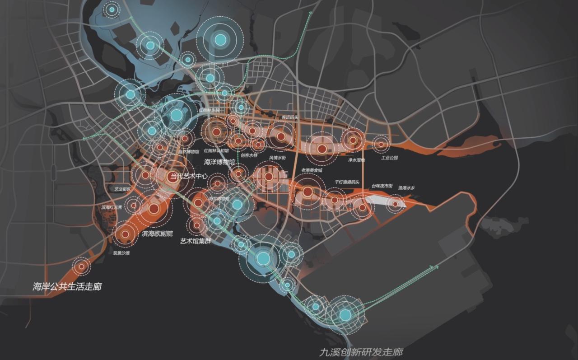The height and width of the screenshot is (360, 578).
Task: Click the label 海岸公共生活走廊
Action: pyautogui.click(x=67, y=286)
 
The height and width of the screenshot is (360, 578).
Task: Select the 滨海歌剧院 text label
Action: pyautogui.click(x=157, y=234)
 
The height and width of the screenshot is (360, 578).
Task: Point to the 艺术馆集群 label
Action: pyautogui.click(x=196, y=241)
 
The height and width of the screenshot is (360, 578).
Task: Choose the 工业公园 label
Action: pyautogui.click(x=389, y=158)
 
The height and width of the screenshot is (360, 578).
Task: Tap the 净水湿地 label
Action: pyautogui.click(x=356, y=160)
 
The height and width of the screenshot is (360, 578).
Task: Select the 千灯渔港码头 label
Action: pyautogui.click(x=347, y=182)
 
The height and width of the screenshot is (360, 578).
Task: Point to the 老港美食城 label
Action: pyautogui.click(x=312, y=170)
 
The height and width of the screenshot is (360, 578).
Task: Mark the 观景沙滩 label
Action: pyautogui.click(x=121, y=253)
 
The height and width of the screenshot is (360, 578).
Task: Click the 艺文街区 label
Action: pyautogui.click(x=122, y=189)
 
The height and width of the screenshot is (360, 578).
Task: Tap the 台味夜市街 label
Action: pyautogui.click(x=382, y=186)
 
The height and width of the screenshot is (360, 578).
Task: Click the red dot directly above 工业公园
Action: pyautogui.click(x=381, y=145)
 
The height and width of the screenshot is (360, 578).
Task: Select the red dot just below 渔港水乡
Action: pyautogui.click(x=395, y=204)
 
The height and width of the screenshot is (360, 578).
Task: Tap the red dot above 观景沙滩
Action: pyautogui.click(x=124, y=234)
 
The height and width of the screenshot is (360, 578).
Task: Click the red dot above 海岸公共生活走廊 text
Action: pyautogui.click(x=81, y=266)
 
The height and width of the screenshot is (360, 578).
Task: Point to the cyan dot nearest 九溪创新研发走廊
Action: pyautogui.click(x=345, y=314)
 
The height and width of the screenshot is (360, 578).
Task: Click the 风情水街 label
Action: pyautogui.click(x=278, y=158)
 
